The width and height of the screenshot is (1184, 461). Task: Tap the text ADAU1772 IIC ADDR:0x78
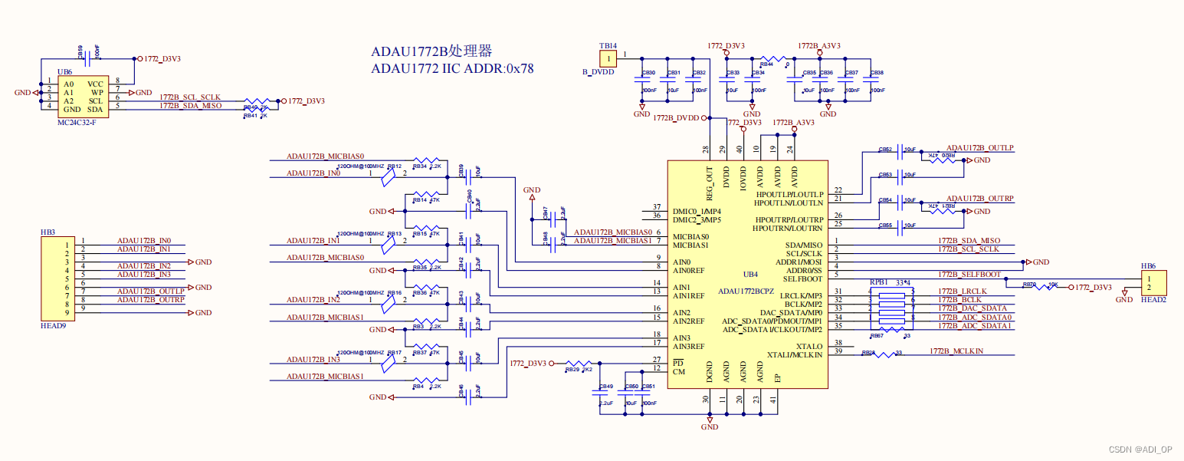452,68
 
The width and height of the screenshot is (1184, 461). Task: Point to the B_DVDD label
599,72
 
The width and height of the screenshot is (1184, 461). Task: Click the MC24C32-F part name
77,122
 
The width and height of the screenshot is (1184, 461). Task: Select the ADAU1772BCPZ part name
747,291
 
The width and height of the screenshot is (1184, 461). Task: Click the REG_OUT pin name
710,181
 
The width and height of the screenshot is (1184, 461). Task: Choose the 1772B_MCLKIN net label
956,351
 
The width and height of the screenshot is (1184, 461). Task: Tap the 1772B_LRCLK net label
963,291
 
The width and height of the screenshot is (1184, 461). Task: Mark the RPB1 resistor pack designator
878,282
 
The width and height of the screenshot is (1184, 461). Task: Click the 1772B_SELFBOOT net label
969,274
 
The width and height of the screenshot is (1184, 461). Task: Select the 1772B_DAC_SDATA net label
972,308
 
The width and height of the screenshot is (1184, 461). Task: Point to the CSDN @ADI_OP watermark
1140,449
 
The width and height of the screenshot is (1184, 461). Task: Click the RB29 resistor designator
572,370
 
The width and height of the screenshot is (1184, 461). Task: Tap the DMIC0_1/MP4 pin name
697,211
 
